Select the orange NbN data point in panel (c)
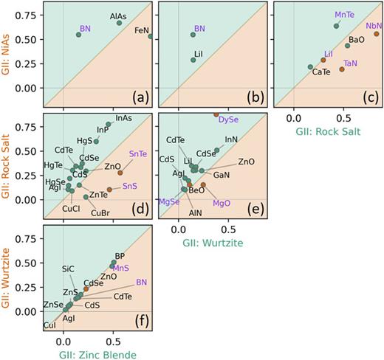(377, 34)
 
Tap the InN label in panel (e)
(231, 139)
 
